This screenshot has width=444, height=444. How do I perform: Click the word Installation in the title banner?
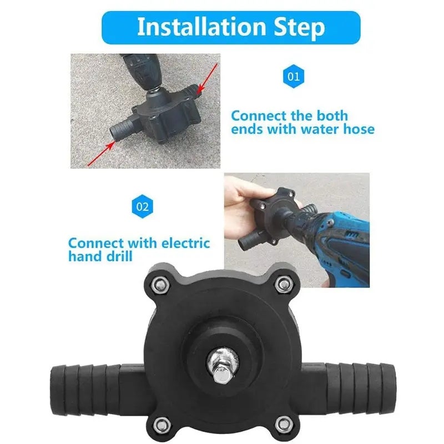pos(201,27)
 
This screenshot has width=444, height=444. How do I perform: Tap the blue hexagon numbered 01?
pos(294,77)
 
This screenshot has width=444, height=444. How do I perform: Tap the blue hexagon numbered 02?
pos(143,206)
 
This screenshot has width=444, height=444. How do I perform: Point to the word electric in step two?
pos(185,243)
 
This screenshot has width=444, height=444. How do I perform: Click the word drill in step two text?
pos(119,256)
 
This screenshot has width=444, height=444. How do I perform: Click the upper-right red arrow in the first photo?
pos(207,79)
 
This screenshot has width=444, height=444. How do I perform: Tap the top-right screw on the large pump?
pos(283,284)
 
